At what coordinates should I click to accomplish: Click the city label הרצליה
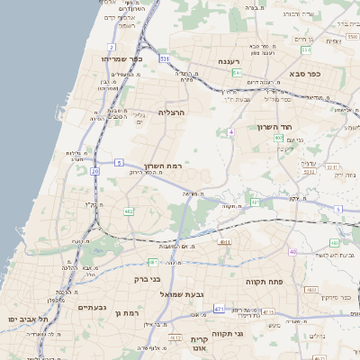pyautogui.click(x=170, y=112)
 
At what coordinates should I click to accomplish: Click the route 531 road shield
pyautogui.click(x=166, y=58)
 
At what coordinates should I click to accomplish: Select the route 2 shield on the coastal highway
pyautogui.click(x=112, y=46)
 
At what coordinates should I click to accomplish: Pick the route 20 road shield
pyautogui.click(x=94, y=170)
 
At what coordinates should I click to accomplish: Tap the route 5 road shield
pyautogui.click(x=118, y=162)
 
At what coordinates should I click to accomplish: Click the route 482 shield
pyautogui.click(x=129, y=211)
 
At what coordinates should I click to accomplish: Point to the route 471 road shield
pyautogui.click(x=219, y=309)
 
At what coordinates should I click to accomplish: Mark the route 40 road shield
pyautogui.click(x=292, y=251)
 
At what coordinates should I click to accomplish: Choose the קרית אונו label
pyautogui.click(x=199, y=343)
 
